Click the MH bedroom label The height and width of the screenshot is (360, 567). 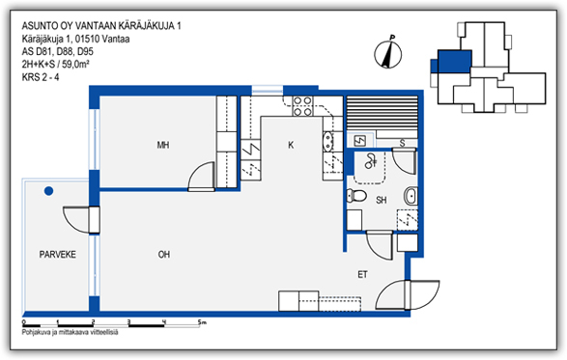[x=163, y=146]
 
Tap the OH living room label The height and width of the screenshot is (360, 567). [x=164, y=255]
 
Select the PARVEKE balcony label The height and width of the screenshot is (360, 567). [x=58, y=255]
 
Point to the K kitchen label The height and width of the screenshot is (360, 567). [x=291, y=145]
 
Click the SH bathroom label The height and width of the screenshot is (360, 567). [x=382, y=200]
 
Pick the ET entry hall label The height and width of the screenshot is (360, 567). [x=362, y=275]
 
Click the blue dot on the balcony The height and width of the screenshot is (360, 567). [x=49, y=191]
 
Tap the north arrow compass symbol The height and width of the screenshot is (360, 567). [x=387, y=54]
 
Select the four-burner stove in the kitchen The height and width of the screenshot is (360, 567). [x=302, y=106]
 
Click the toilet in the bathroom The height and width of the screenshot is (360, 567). [x=356, y=196]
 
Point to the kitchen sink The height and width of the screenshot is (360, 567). [x=328, y=141]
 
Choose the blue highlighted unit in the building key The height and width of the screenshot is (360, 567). [x=454, y=62]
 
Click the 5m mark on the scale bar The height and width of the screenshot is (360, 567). [x=202, y=322]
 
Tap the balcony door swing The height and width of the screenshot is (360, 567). [x=76, y=220]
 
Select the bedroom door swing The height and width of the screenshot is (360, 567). [x=201, y=176]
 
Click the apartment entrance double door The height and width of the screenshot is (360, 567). [x=408, y=295]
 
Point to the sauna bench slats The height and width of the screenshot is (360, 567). [x=383, y=113]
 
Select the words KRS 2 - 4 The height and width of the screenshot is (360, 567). [x=41, y=77]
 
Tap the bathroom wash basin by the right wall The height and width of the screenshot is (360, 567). [x=411, y=196]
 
